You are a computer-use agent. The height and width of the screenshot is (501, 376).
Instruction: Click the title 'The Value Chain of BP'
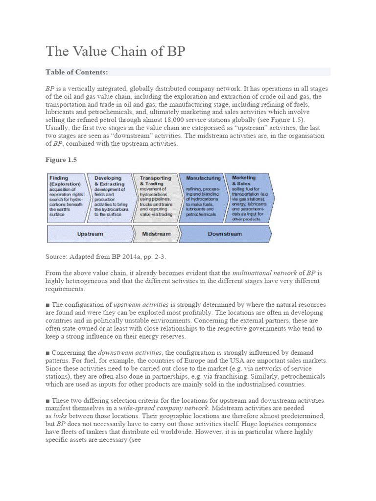[x=116, y=51]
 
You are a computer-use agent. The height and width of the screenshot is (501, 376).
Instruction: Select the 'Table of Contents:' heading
[x=77, y=72]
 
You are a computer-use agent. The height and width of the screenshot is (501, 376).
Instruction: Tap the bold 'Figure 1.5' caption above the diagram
[x=62, y=159]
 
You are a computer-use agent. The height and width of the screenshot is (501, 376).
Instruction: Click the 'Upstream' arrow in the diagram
[x=90, y=234]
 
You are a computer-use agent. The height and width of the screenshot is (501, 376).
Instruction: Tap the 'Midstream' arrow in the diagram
[x=156, y=234]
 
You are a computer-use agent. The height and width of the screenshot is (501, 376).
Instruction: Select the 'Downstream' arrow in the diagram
[x=224, y=234]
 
